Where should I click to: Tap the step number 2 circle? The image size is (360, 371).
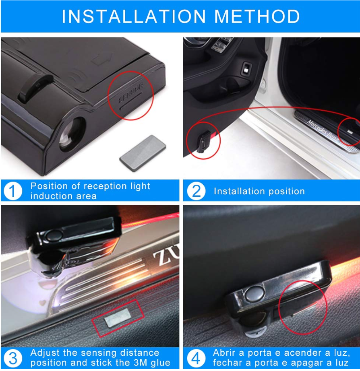(196, 191)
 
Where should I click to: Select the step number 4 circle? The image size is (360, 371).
(196, 358)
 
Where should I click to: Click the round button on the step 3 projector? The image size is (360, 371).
(54, 236)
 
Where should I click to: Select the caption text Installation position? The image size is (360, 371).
(259, 191)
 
